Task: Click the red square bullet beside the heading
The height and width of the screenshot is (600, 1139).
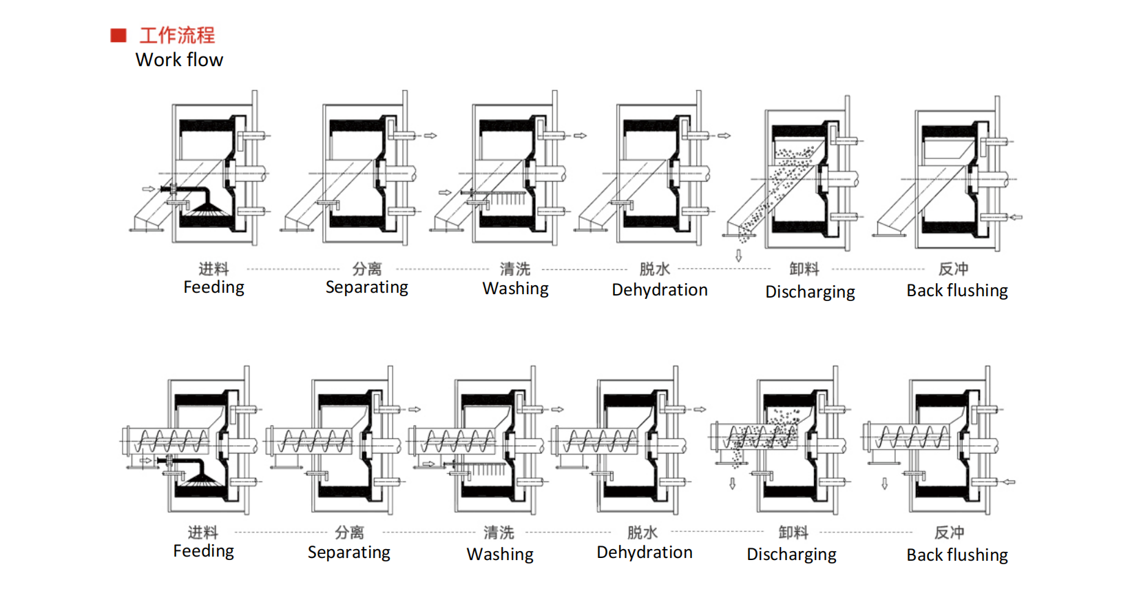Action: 118,35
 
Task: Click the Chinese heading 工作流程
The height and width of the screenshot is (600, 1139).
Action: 177,35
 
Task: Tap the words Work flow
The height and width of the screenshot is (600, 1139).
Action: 179,60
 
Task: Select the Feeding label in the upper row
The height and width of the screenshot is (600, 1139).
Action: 213,287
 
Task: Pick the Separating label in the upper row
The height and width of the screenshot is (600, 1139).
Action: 366,287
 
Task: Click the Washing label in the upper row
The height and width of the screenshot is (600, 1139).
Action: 515,289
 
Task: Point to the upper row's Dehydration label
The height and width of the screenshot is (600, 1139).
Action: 659,290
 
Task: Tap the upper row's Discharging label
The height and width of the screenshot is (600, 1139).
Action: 810,292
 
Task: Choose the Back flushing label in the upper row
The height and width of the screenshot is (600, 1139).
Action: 957,291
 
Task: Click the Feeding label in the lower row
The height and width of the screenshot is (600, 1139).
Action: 203,551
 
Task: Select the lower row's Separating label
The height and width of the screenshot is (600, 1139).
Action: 348,552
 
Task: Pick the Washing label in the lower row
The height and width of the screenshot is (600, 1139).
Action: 499,555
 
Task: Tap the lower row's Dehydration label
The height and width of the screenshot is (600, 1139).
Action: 644,552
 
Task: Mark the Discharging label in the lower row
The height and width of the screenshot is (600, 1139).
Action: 791,555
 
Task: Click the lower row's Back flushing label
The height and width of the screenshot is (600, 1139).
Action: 957,555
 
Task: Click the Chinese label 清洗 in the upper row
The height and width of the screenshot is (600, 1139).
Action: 515,269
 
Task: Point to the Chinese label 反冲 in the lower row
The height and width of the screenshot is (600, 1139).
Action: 949,532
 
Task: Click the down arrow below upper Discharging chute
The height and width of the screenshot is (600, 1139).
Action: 738,256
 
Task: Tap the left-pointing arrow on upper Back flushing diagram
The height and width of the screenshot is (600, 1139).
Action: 1016,217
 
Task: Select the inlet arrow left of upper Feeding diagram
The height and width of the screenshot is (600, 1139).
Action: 148,189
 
